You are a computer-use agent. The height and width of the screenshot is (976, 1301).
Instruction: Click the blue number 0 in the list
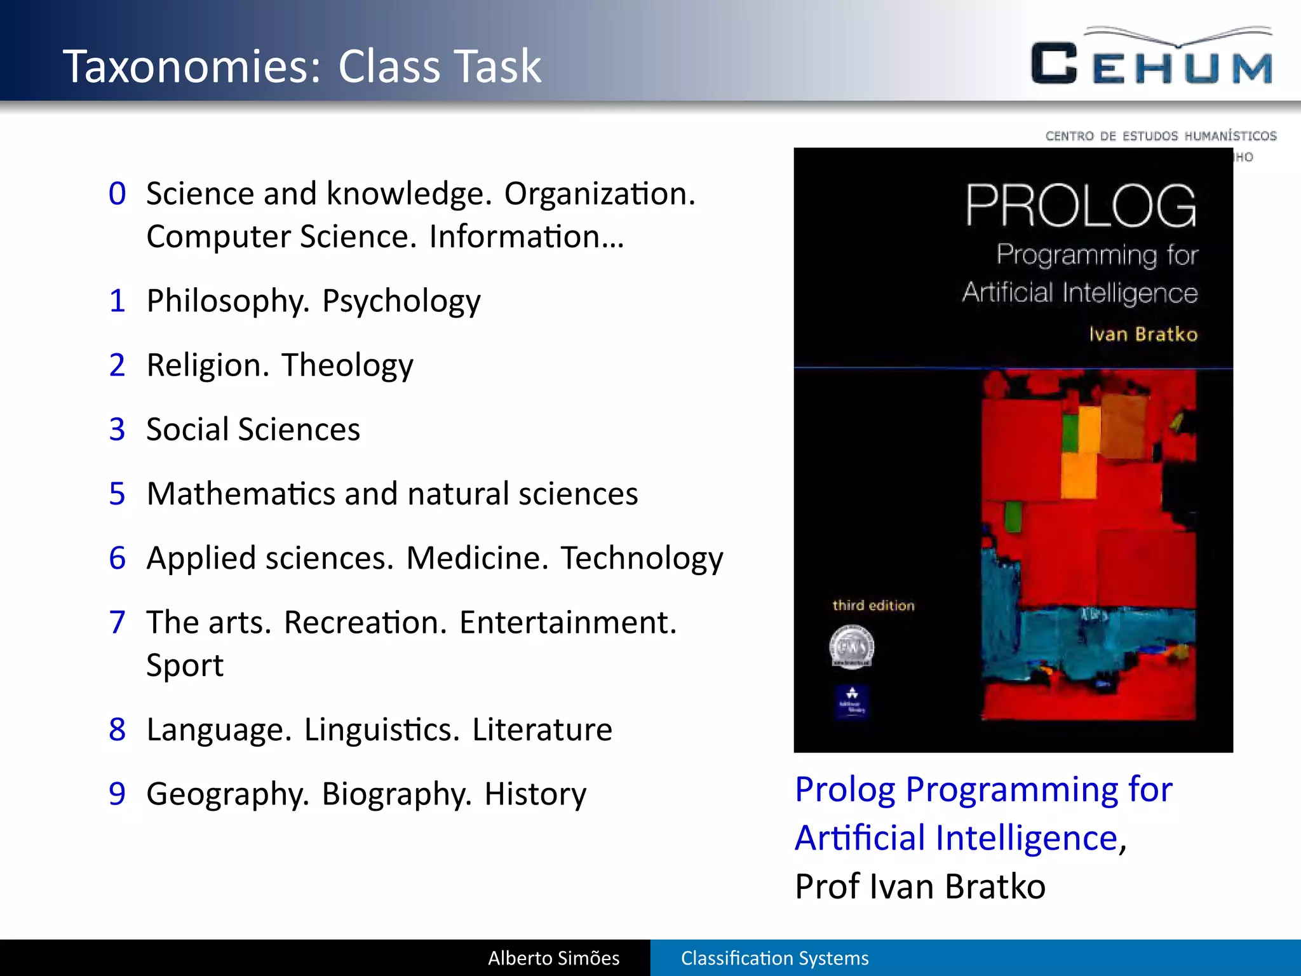point(118,193)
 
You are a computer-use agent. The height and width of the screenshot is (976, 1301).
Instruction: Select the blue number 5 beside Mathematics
point(118,494)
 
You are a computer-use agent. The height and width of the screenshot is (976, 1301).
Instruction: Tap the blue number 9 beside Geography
point(118,794)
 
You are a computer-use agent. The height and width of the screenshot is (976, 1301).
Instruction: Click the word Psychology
point(401,301)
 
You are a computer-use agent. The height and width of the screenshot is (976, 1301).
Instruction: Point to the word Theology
point(347,365)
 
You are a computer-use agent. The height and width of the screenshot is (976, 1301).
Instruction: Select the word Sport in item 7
point(185,665)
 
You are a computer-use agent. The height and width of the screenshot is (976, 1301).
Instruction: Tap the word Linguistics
point(382,729)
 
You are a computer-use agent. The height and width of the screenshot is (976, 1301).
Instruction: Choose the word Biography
point(396,794)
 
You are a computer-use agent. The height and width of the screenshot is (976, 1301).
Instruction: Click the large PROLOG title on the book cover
point(1080,206)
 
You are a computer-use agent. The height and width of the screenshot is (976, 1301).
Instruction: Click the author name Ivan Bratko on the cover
point(1143,334)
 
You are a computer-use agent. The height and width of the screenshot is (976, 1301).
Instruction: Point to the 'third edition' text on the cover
point(873,606)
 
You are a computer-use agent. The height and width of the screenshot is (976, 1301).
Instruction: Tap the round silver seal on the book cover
point(852,647)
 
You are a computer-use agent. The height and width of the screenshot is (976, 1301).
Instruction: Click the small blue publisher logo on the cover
point(852,701)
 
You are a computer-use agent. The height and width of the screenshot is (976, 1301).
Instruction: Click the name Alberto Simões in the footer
point(553,958)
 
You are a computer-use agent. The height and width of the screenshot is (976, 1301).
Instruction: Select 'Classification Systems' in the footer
point(774,958)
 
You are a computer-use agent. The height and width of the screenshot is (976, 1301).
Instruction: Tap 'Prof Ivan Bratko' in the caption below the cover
point(920,886)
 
